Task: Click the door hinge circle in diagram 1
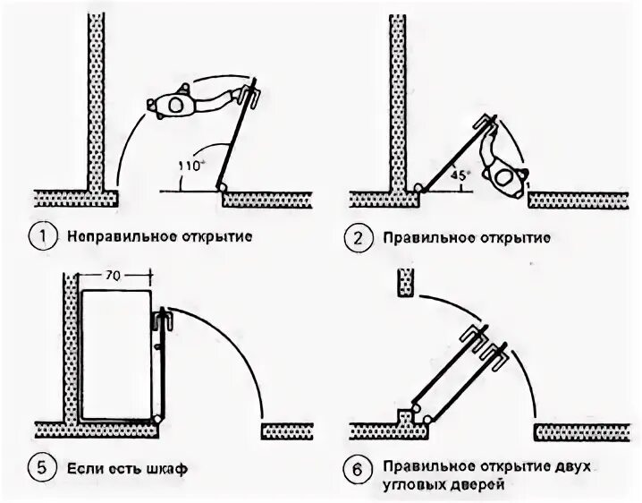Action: pos(220,187)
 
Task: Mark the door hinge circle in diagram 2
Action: pos(417,188)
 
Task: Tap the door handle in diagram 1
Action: pos(251,94)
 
